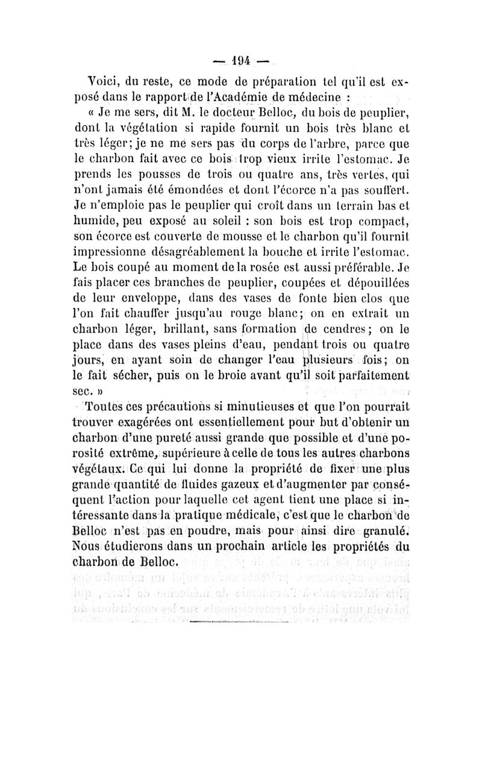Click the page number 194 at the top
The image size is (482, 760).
pyautogui.click(x=241, y=61)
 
